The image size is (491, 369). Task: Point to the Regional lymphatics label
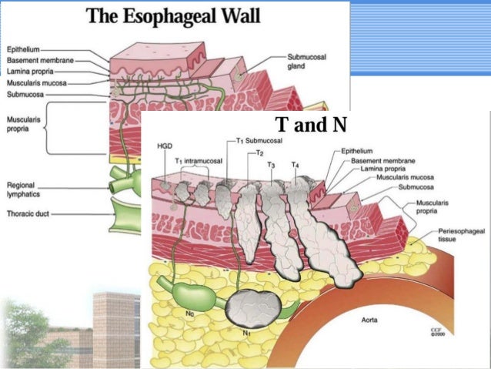pyautogui.click(x=26, y=189)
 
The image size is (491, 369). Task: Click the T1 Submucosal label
pyautogui.click(x=259, y=142)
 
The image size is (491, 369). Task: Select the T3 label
pyautogui.click(x=271, y=164)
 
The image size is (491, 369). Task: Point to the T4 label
pyautogui.click(x=296, y=164)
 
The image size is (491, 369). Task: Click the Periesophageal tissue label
pyautogui.click(x=458, y=235)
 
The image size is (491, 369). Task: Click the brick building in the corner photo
pyautogui.click(x=113, y=324)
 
